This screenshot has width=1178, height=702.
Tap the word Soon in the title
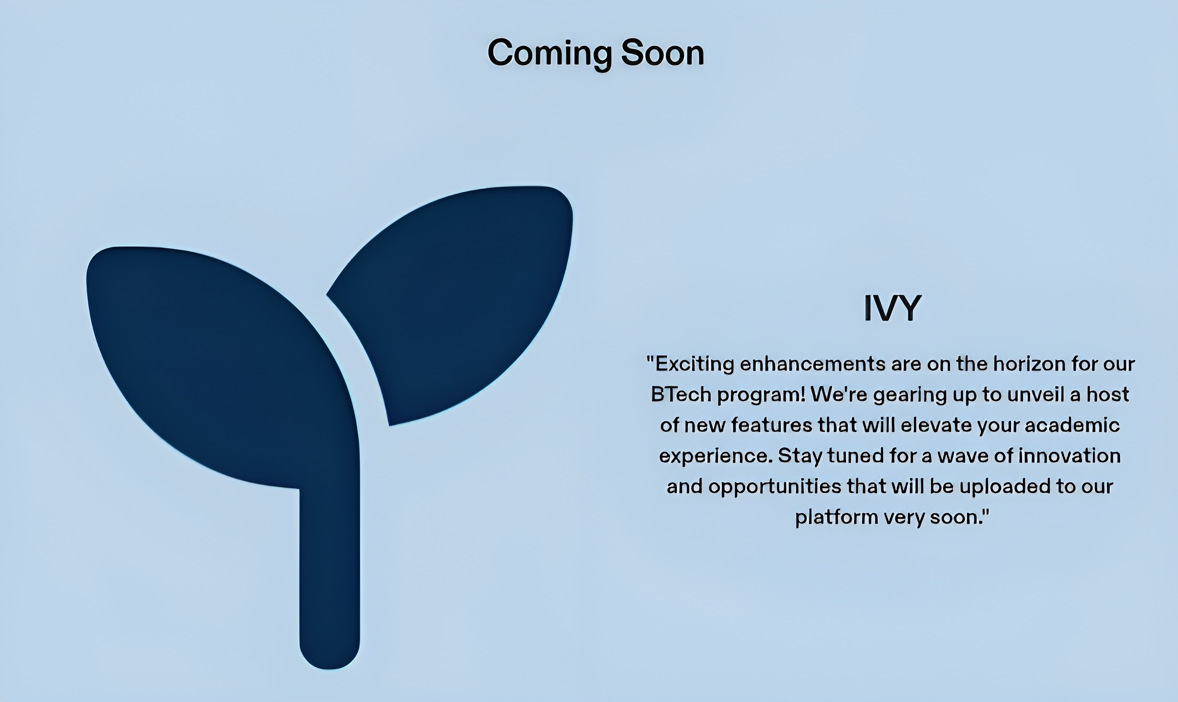click(x=663, y=52)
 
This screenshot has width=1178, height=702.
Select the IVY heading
click(x=892, y=308)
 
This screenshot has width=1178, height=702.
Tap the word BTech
click(x=681, y=394)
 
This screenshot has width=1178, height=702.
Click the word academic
click(x=1072, y=425)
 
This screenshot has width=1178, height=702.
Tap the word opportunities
click(x=775, y=487)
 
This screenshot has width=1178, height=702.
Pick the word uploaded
click(x=1004, y=487)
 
